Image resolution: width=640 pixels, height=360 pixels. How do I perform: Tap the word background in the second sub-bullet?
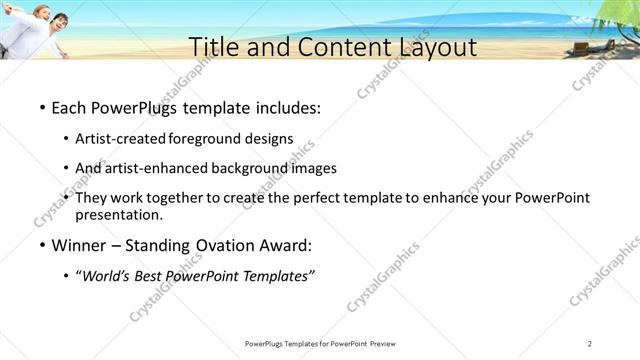256,169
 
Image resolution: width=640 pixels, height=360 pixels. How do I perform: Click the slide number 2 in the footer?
590,344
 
